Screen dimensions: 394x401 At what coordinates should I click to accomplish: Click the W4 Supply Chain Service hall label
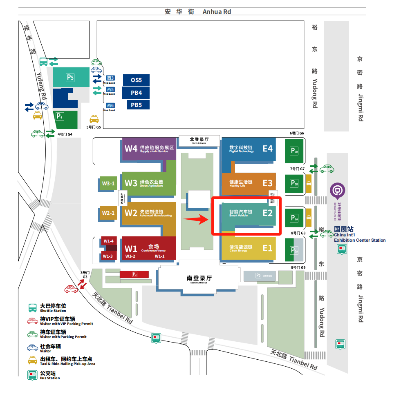pyautogui.click(x=149, y=148)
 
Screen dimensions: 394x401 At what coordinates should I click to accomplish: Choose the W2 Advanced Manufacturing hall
pyautogui.click(x=149, y=213)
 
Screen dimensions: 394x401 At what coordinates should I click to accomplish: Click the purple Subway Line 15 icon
pyautogui.click(x=338, y=190)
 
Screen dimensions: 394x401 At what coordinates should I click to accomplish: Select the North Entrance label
pyautogui.click(x=199, y=140)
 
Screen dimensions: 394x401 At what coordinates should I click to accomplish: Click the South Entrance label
pyautogui.click(x=199, y=279)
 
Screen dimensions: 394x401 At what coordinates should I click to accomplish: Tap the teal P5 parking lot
pyautogui.click(x=70, y=77)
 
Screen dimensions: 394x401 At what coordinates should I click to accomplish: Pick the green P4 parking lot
pyautogui.click(x=65, y=119)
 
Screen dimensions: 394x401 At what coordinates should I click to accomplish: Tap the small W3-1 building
pyautogui.click(x=108, y=184)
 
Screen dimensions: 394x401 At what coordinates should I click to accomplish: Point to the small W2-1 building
pyautogui.click(x=108, y=213)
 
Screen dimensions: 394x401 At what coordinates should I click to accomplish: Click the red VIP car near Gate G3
pyautogui.click(x=71, y=289)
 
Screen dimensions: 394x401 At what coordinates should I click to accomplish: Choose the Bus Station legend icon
pyautogui.click(x=33, y=374)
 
